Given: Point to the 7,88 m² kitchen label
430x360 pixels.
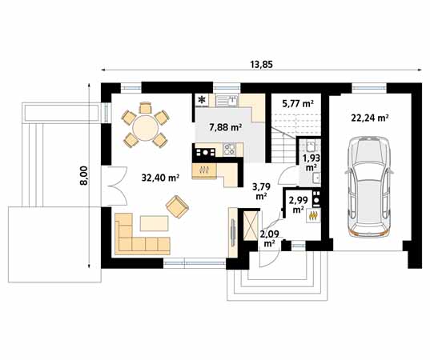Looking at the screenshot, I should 224,127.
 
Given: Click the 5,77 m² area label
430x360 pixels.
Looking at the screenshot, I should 297,104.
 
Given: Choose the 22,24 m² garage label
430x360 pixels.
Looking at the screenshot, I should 369,117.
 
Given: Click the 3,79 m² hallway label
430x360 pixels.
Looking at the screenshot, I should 261,190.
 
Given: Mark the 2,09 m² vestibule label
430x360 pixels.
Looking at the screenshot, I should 268,237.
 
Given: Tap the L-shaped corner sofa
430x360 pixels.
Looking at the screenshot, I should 136,236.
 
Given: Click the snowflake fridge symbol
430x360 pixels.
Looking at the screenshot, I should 202,101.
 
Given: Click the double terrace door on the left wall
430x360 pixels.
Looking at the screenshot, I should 112,185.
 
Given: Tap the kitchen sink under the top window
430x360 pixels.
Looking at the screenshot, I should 230,101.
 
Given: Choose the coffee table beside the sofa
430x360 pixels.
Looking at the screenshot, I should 155,222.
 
